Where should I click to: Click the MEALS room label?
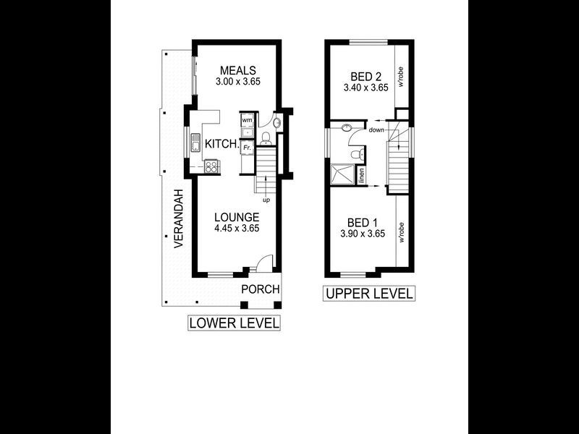point(237,70)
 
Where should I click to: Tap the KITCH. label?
point(221,145)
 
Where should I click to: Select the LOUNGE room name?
point(237,216)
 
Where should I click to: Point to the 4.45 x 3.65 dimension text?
point(237,229)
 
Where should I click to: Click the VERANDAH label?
point(178,219)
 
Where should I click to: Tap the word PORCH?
point(260,289)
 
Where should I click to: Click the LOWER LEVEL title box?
point(234,323)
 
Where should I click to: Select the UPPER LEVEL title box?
point(369,294)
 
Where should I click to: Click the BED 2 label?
point(365,75)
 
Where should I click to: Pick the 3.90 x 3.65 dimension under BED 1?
point(363,234)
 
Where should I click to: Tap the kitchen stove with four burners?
point(212,166)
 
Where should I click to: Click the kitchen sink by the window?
point(196,143)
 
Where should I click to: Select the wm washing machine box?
point(247,120)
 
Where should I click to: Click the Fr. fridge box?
point(247,147)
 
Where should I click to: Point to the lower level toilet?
point(266,137)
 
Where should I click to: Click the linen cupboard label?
point(363,175)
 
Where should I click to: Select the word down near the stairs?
point(376,130)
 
